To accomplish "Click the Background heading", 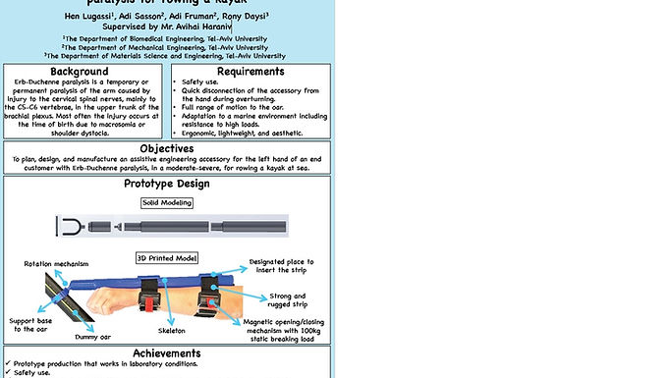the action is [81, 72].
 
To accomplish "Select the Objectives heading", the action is [166, 149].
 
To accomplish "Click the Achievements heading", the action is [166, 353].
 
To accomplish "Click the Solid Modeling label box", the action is [167, 203].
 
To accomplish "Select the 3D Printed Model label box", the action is [166, 258].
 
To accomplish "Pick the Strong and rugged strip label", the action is [286, 300].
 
